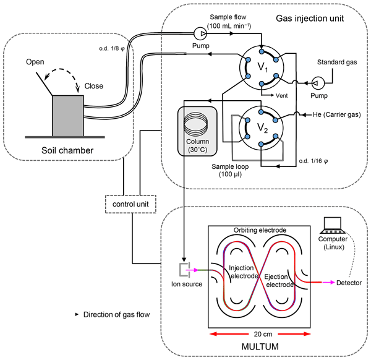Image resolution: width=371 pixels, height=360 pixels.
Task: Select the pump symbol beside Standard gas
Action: point(317,81)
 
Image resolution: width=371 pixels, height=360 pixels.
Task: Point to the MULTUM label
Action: point(252,348)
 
